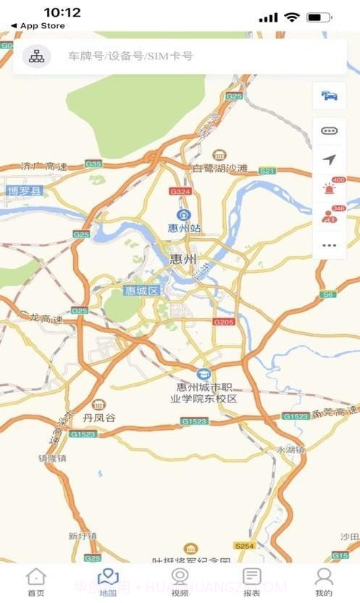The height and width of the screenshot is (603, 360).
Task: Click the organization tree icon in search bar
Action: [x=36, y=56]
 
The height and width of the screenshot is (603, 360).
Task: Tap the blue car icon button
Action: [x=330, y=96]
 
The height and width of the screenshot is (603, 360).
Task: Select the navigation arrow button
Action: [x=330, y=159]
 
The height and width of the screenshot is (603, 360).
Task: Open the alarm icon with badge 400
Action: [x=330, y=188]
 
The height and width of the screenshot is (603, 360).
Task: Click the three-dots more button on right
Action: [x=330, y=245]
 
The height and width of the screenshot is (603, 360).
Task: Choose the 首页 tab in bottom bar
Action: [x=35, y=581]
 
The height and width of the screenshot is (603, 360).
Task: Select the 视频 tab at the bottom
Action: [x=180, y=581]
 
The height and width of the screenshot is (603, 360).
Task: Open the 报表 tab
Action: [x=251, y=581]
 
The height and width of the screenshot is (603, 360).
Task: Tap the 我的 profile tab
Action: [x=324, y=581]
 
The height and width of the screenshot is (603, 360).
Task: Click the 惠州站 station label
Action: [x=184, y=228]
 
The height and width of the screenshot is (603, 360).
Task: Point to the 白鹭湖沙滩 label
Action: [x=219, y=169]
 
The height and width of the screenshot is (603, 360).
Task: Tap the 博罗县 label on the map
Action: [x=25, y=191]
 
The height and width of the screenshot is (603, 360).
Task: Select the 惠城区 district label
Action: [x=142, y=291]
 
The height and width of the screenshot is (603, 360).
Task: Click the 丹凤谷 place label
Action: [x=99, y=418]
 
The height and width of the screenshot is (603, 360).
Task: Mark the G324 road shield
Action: [x=180, y=191]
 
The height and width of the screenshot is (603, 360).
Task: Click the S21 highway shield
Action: [x=267, y=171]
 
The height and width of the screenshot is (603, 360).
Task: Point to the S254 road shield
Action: [x=244, y=544]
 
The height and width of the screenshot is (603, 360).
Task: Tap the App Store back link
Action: [x=38, y=26]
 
